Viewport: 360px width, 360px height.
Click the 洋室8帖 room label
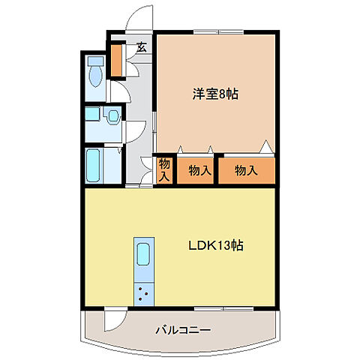215,95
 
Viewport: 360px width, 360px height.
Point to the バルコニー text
183,329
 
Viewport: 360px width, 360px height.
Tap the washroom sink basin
112,116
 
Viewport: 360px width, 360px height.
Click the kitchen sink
142,254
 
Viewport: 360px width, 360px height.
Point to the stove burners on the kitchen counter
142,295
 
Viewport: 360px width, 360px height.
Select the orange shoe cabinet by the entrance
117,61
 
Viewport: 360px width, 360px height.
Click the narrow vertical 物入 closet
164,169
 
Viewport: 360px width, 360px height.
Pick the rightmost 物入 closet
247,170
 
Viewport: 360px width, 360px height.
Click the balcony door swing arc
112,318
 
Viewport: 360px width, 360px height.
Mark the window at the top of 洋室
217,32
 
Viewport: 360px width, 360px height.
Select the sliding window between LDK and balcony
225,307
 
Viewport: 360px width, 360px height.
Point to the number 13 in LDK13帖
224,245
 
